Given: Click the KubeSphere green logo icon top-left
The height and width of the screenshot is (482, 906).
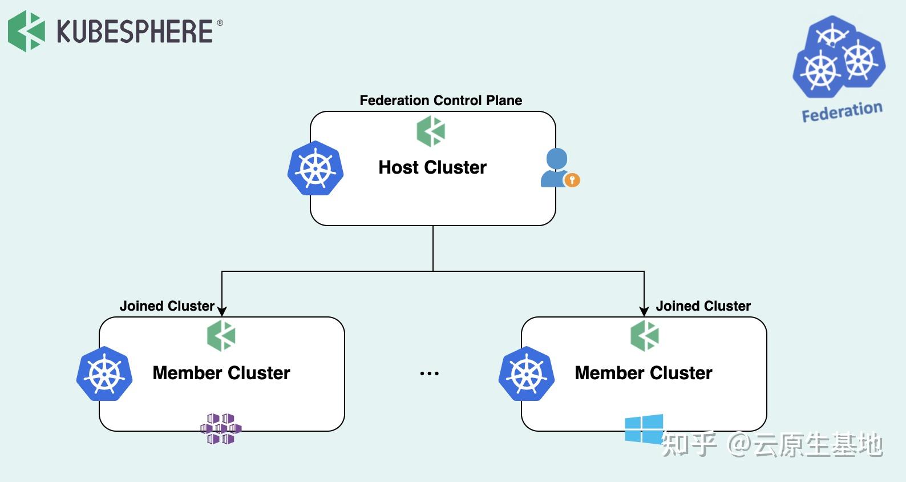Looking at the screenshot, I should point(26,31).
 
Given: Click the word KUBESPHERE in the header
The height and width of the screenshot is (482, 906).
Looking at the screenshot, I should point(135,31).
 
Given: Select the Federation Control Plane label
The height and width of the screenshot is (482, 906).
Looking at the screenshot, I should point(440,101).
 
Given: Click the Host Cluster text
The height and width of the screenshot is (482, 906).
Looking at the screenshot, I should point(432,167).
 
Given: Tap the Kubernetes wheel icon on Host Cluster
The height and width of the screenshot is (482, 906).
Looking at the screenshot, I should point(315,168).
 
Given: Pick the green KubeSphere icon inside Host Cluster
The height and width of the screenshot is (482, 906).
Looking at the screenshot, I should point(431,131).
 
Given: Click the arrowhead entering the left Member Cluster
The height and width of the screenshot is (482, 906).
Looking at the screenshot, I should point(222,311).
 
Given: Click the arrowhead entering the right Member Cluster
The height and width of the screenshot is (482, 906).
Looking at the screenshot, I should point(644,311).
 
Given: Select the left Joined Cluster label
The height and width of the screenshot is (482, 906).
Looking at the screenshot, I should point(167,306).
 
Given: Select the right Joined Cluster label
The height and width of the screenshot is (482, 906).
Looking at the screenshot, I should point(703,306).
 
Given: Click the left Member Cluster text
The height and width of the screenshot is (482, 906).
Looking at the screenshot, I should point(221,373).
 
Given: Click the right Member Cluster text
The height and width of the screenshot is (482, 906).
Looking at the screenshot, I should point(644,373).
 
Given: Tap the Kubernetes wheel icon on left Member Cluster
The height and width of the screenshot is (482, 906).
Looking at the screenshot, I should point(104,374).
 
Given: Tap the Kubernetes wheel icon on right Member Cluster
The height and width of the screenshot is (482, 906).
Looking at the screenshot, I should point(527,374).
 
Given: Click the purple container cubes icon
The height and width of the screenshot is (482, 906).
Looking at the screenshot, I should point(221,429).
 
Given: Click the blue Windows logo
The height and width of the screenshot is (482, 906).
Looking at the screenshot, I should point(644,429).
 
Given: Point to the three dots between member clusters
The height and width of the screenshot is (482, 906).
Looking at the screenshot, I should point(429,374).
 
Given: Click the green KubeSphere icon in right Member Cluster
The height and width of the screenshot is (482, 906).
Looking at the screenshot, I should point(645,335).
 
